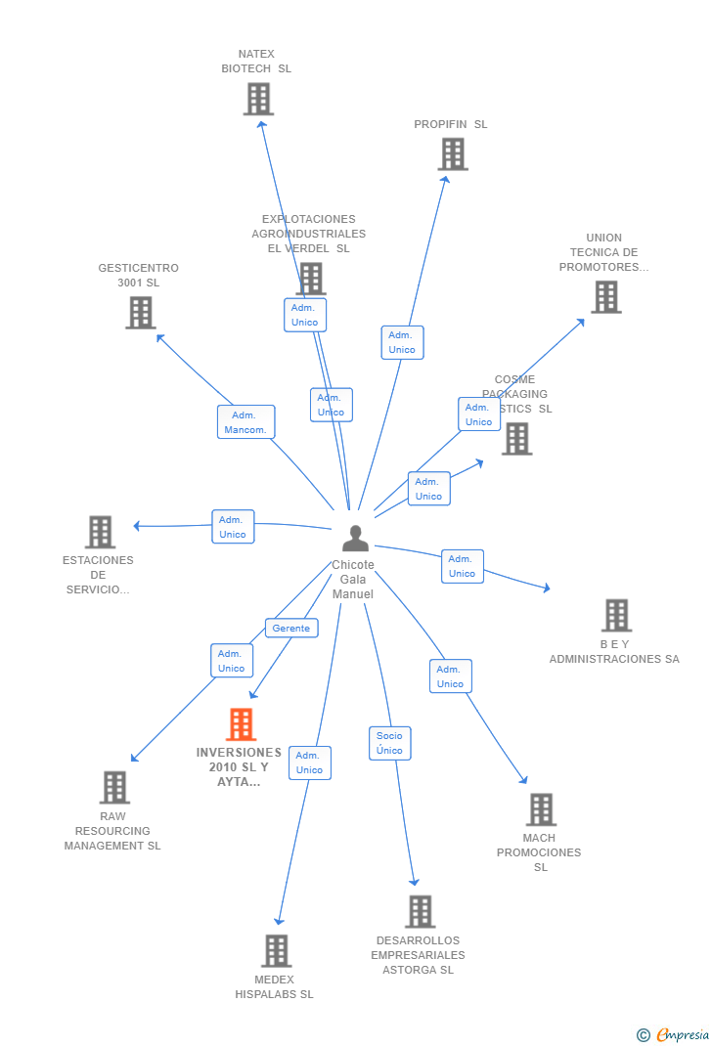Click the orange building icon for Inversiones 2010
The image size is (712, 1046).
point(241,724)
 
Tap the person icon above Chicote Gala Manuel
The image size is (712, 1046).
point(355,539)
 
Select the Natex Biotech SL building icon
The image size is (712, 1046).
point(258,99)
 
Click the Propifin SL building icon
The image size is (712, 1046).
point(453,153)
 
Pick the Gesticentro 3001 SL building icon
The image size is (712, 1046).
point(141,313)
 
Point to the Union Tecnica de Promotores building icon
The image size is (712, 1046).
point(605,297)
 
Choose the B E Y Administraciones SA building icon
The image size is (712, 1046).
point(616,616)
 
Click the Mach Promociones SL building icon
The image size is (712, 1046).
point(541,809)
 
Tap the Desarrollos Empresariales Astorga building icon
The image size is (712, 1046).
point(421,911)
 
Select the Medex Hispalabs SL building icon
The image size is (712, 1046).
point(277,950)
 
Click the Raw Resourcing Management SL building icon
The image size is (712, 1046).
point(114,787)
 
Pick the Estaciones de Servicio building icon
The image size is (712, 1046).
point(100,532)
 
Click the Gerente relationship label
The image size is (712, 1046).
point(291,629)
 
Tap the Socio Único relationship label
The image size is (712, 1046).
point(390,743)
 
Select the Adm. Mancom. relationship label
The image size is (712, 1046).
point(245,422)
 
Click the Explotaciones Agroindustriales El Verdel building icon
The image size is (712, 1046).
point(311,278)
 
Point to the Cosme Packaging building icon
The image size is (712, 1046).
point(517,439)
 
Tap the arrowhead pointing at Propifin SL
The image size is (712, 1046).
point(446,178)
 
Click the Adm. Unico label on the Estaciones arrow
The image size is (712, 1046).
point(233,527)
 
